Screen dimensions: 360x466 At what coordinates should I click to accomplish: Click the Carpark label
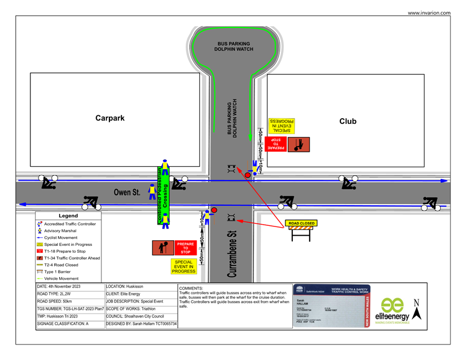109,119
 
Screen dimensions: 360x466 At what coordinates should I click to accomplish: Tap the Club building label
347,122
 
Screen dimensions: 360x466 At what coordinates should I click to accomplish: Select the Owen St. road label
127,193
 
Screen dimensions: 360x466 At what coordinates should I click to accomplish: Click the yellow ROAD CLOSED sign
301,223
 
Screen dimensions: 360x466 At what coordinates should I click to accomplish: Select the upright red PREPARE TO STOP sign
185,248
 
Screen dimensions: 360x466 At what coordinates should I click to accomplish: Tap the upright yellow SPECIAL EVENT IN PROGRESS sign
184,267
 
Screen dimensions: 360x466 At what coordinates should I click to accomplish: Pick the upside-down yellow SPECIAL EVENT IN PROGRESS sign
281,126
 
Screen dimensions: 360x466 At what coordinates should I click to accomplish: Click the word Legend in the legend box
68,216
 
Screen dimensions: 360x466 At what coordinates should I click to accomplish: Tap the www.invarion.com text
429,13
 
